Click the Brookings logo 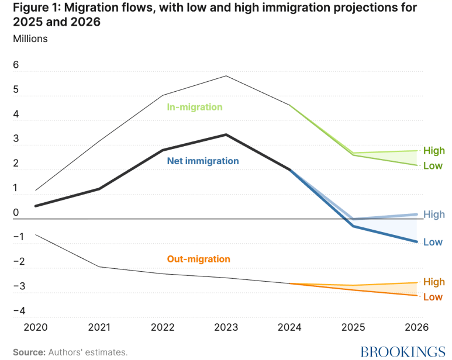click(x=402, y=352)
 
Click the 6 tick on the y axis click(x=16, y=65)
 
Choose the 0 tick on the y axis click(x=16, y=213)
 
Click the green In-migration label click(x=195, y=108)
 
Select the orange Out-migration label click(x=199, y=259)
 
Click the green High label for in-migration click(x=434, y=150)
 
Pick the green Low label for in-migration click(x=433, y=165)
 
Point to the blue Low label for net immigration click(x=433, y=242)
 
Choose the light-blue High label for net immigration click(x=434, y=214)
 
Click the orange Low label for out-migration click(x=433, y=297)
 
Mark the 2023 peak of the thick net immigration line click(x=226, y=134)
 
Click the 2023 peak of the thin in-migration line click(x=226, y=76)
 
